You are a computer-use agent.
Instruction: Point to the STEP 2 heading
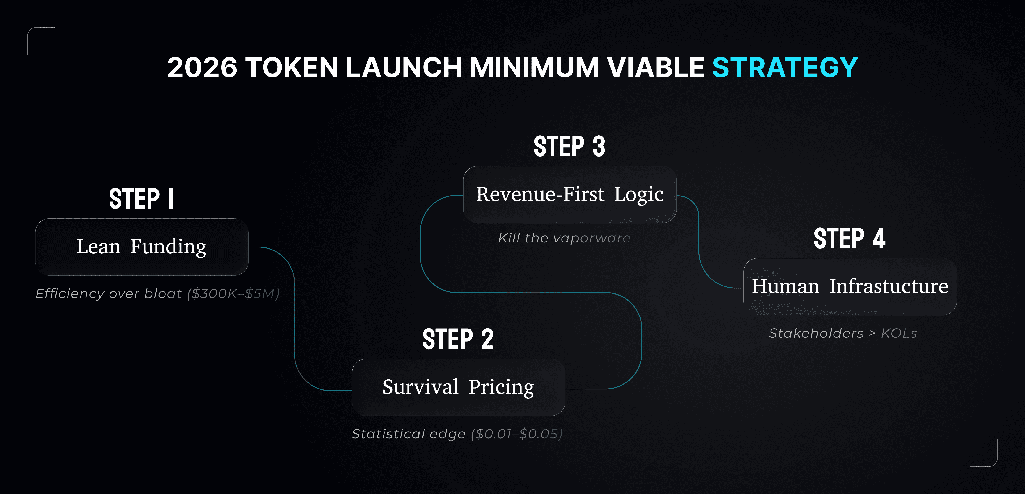pos(458,340)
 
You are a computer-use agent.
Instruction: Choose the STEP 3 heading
pos(569,146)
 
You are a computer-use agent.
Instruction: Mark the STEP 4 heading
pos(850,239)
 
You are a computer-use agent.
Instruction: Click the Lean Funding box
pos(142,247)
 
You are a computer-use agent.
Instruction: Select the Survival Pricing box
pos(458,387)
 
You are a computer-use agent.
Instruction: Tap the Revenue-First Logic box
pos(570,194)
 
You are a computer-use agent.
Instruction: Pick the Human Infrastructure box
pos(850,287)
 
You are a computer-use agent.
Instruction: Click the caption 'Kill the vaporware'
pos(564,238)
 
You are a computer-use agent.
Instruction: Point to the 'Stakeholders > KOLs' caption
pos(843,333)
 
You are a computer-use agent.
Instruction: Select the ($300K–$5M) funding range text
pos(234,294)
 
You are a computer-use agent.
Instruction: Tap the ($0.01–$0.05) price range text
pos(516,434)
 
